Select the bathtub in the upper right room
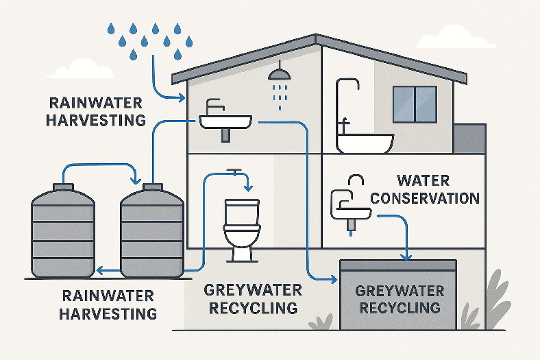365,142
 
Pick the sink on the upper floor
225,121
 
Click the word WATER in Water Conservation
424,181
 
